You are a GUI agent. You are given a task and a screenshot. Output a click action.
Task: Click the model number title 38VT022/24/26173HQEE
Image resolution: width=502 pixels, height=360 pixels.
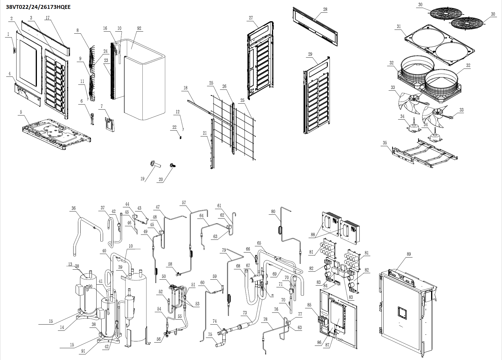[x=38, y=7]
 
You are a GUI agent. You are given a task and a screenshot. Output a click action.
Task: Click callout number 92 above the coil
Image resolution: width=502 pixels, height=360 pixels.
[x=139, y=29]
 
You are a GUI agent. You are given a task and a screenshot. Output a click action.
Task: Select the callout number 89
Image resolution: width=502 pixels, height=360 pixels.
[x=409, y=254]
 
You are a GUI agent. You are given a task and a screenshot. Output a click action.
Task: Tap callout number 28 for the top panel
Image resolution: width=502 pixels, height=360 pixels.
[x=325, y=9]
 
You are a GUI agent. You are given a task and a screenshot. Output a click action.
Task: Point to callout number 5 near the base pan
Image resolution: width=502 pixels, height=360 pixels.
[x=21, y=112]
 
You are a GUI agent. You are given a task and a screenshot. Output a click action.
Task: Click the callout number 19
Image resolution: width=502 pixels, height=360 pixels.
[x=142, y=179]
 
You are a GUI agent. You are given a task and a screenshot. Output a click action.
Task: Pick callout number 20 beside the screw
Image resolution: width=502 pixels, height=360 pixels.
[x=161, y=179]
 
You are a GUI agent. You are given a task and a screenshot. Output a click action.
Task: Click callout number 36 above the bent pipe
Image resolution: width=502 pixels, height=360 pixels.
[x=74, y=208]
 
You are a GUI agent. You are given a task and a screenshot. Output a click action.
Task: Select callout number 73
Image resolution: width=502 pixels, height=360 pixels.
[x=245, y=313]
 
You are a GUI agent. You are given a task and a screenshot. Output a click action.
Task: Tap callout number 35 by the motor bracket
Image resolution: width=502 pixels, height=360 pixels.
[x=385, y=143]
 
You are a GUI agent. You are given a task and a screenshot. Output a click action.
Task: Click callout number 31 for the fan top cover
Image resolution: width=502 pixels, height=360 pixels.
[x=399, y=27]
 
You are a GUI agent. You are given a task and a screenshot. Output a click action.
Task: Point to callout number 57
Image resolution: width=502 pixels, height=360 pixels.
[x=184, y=203]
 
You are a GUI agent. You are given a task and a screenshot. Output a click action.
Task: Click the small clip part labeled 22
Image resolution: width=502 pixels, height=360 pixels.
[x=180, y=136]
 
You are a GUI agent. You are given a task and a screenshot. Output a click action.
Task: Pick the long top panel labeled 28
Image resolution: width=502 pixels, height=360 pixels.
[x=315, y=27]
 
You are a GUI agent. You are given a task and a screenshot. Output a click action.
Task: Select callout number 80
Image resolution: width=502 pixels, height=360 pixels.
[x=273, y=211]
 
